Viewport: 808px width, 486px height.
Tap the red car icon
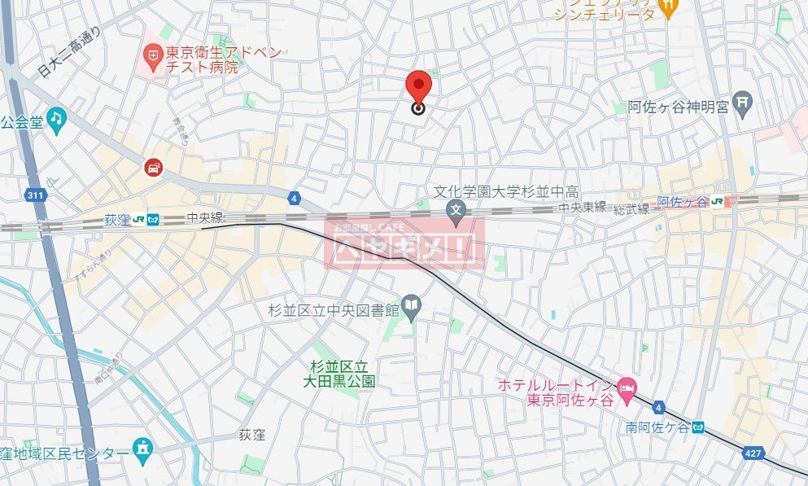click(x=152, y=169)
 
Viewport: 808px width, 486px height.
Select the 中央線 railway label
click(x=203, y=217)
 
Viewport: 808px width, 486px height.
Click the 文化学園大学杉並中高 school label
click(x=505, y=192)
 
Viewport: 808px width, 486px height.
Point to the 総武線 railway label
click(x=632, y=209)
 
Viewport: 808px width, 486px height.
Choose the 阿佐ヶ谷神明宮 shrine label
click(x=678, y=105)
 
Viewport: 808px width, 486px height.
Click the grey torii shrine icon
click(x=744, y=103)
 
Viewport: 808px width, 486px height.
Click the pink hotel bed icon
click(x=627, y=386)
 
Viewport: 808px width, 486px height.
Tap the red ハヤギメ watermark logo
click(x=404, y=243)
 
